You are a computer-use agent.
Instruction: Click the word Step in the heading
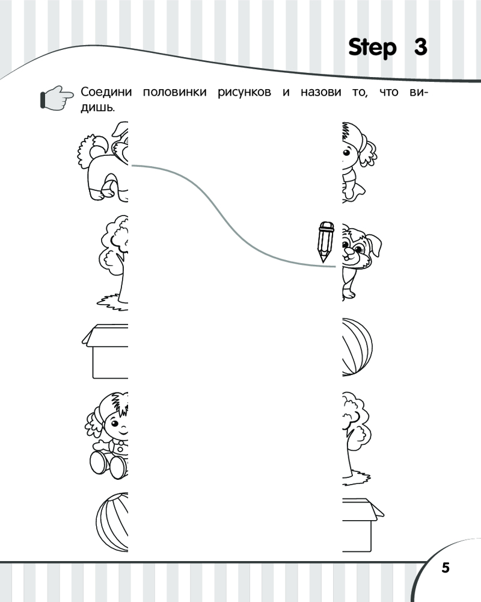tap(372, 48)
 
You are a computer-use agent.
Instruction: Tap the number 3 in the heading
tap(420, 47)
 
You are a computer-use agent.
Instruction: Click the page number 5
tap(446, 568)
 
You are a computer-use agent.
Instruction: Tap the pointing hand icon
tap(57, 98)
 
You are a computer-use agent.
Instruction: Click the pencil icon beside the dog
tap(325, 241)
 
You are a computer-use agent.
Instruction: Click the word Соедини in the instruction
tap(106, 92)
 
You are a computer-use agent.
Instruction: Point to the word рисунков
tap(244, 93)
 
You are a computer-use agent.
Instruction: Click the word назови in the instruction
tap(320, 92)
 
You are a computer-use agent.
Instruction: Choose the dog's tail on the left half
tap(91, 150)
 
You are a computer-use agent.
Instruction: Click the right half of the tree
tap(356, 438)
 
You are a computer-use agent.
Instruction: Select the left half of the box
tap(105, 351)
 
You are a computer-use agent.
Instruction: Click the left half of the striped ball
tap(112, 523)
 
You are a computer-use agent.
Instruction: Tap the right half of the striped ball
tap(357, 347)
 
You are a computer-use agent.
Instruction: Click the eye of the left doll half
tap(114, 424)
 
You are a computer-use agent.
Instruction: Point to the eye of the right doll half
tap(347, 152)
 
